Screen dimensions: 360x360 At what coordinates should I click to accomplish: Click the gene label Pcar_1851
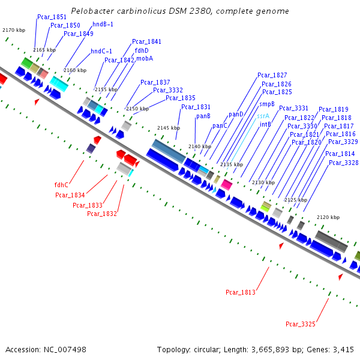52,17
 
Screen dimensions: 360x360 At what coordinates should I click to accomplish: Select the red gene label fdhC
61,185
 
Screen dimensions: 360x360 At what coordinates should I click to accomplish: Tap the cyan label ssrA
263,116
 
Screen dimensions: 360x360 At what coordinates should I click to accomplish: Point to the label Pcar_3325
300,324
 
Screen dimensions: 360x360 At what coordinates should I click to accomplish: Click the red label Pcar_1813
241,292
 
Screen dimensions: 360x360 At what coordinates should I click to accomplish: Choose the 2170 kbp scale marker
13,29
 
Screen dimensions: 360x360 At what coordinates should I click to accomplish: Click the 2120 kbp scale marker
328,217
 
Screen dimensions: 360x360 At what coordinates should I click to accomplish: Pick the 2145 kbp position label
168,128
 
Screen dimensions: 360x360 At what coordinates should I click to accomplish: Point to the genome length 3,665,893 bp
266,349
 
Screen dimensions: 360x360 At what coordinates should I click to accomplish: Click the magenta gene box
226,184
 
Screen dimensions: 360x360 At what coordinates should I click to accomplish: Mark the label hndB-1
103,24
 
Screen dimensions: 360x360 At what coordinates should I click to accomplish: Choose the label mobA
144,59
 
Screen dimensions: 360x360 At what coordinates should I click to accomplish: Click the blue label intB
265,124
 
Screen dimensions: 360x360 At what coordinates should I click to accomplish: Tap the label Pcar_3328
342,163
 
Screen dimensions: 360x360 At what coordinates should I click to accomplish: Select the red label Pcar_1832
101,214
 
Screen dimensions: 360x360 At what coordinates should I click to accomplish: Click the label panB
203,116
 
